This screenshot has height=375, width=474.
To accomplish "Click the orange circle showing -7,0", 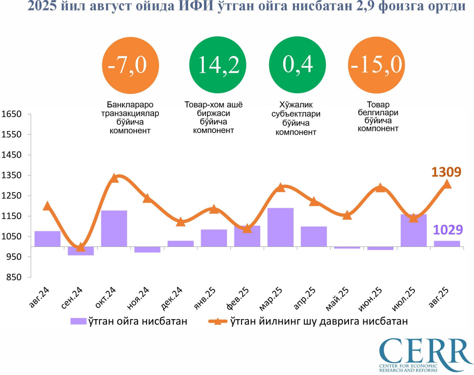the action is [130, 66].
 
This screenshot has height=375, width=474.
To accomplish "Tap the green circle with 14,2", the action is [218, 65].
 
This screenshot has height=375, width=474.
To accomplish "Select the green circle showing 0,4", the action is [297, 65].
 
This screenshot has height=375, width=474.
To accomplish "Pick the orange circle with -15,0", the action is [377, 65].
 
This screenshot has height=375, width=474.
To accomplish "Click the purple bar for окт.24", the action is [114, 228].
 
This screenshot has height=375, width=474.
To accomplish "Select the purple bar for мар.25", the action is [280, 227].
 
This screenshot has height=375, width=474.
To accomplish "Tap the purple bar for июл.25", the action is [413, 231].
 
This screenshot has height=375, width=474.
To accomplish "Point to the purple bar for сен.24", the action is [81, 251].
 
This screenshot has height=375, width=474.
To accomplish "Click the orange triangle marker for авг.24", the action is [47, 206].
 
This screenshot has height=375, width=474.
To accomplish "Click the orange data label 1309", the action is [446, 172].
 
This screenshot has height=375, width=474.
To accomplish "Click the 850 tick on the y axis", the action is [14, 277].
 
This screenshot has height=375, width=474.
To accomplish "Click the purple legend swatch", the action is [79, 321].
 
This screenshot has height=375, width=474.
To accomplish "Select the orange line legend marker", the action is [218, 321].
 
